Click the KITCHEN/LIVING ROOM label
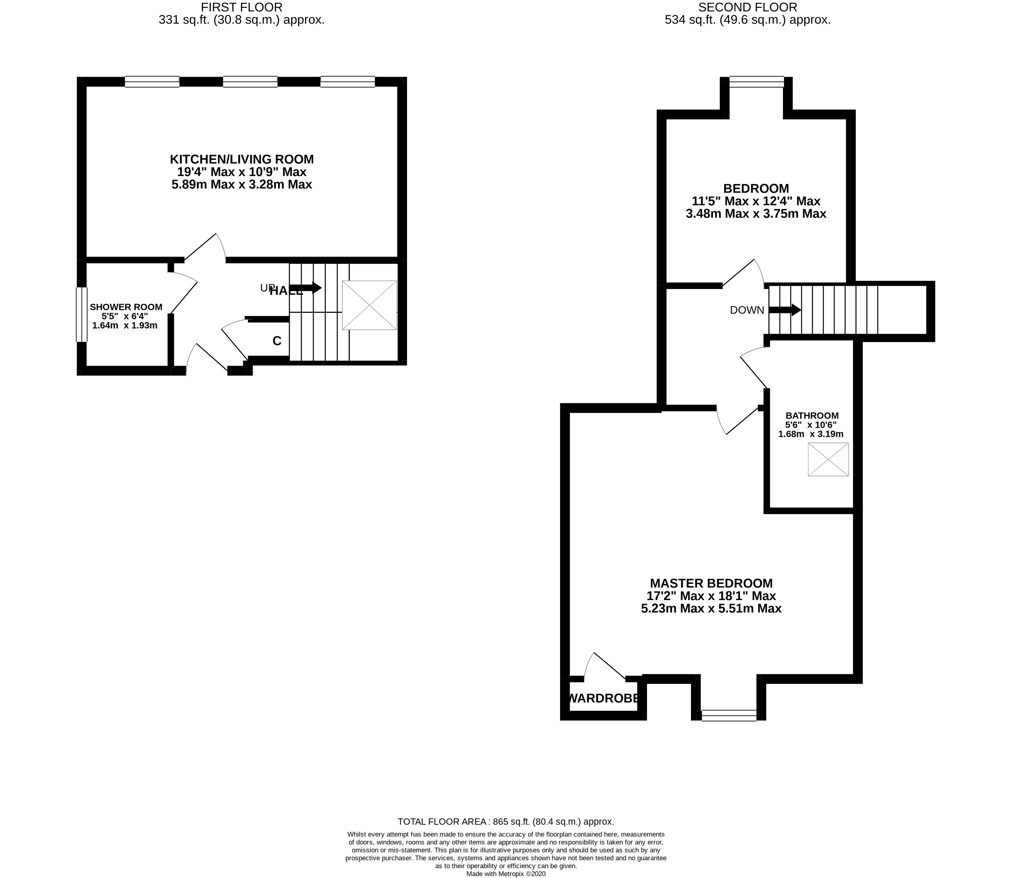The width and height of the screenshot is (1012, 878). point(242,159)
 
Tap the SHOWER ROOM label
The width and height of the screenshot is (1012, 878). point(126,307)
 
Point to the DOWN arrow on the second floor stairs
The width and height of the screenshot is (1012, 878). point(785,310)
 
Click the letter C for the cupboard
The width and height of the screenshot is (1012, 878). point(277,341)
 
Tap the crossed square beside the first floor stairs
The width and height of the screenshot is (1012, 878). point(369,305)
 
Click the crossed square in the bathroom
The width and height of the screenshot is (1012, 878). point(828,459)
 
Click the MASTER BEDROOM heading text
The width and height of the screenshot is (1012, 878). point(711,584)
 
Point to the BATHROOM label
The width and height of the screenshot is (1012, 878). point(812,415)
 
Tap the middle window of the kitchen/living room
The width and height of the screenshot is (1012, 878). point(250,82)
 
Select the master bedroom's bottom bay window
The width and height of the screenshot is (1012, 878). point(729,716)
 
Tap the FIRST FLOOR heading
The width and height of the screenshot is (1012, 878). point(242,7)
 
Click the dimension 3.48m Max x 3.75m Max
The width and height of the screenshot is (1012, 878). point(756,214)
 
